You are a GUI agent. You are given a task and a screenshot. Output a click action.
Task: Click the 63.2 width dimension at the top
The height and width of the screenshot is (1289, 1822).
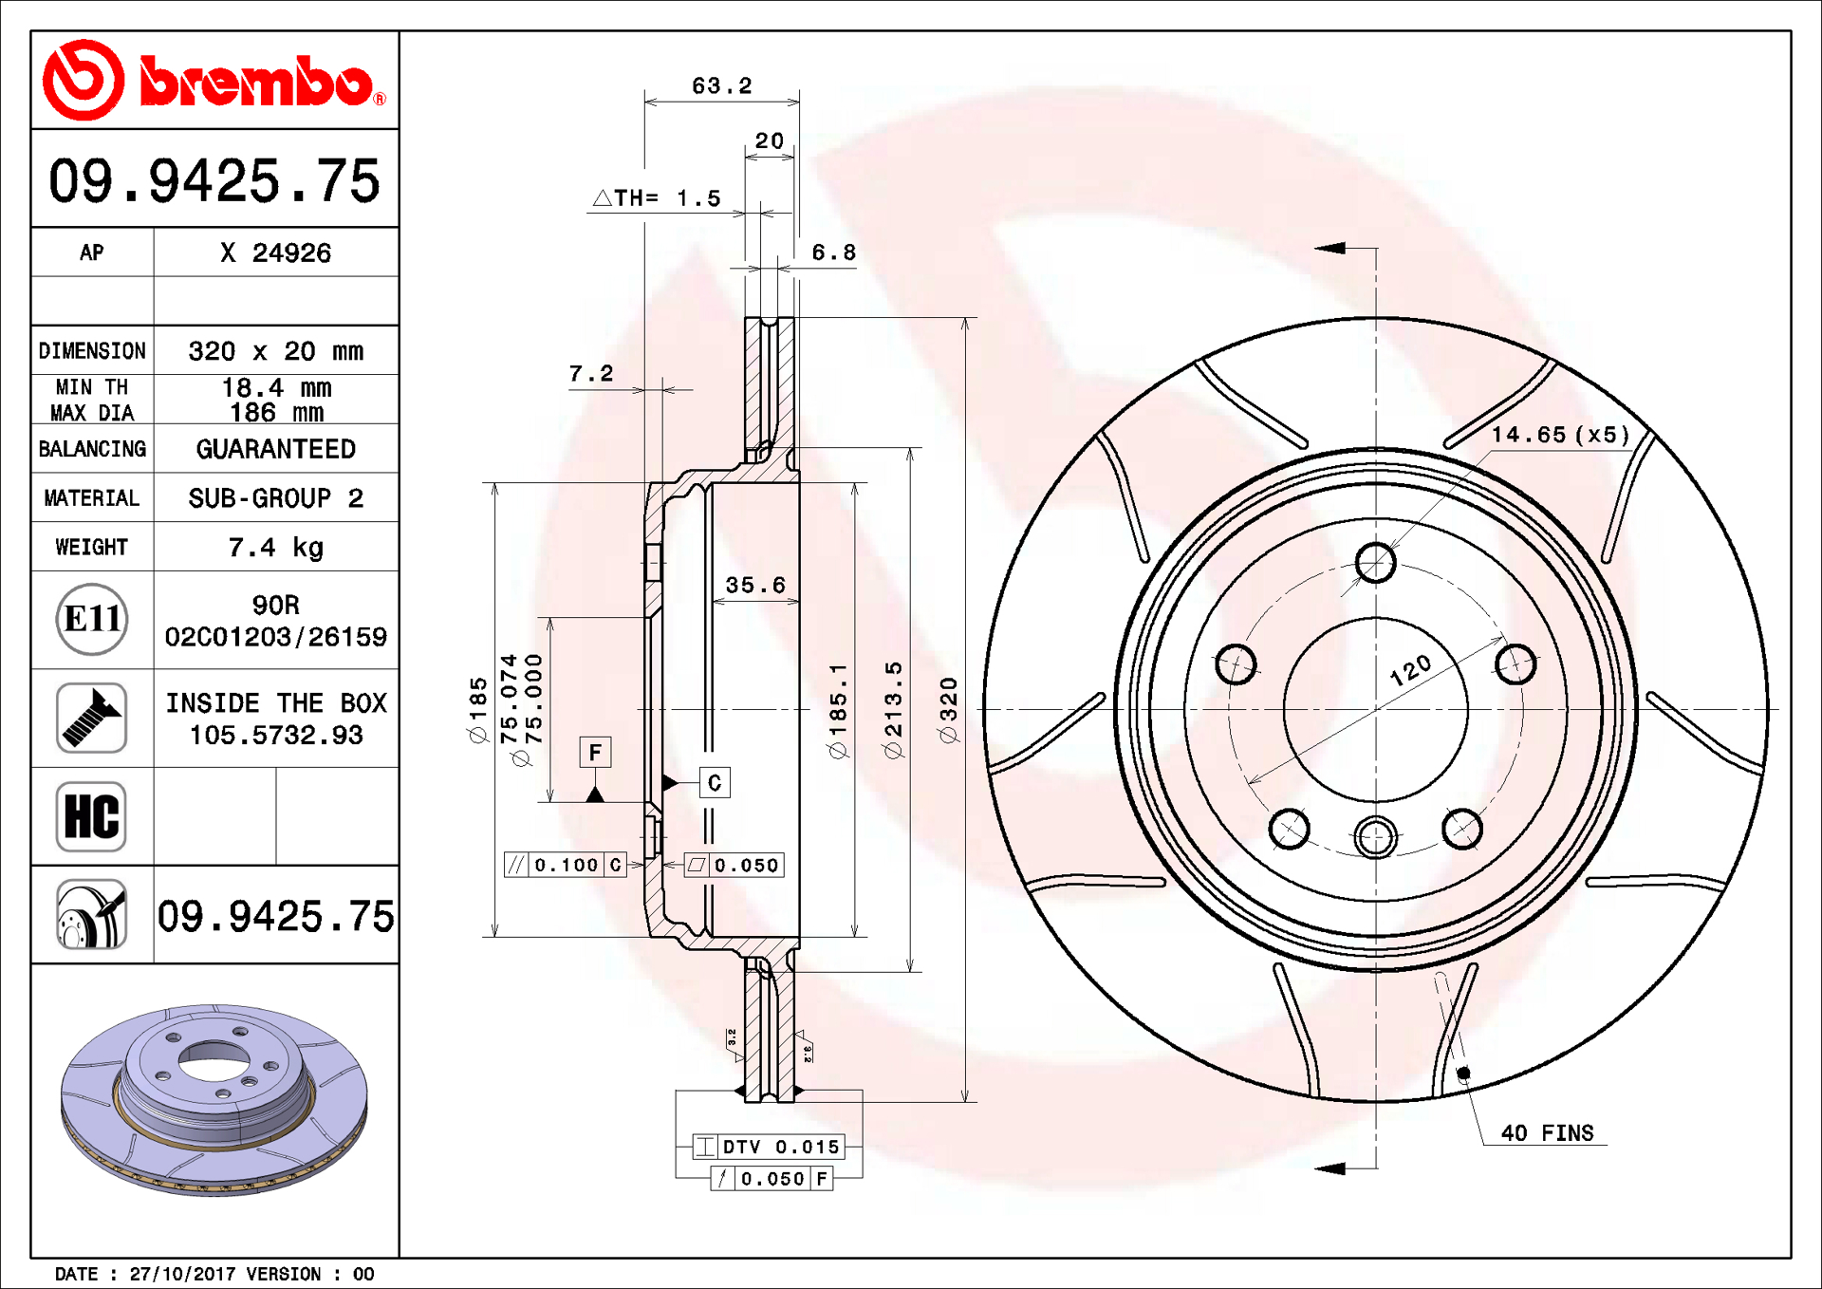pos(721,86)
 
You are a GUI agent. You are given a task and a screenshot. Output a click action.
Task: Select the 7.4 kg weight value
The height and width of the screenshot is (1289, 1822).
pos(275,548)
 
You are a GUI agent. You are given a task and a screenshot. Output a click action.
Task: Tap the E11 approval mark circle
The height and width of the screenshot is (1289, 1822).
pos(91,620)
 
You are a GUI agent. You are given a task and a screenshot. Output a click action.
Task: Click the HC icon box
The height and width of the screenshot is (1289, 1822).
pos(91,816)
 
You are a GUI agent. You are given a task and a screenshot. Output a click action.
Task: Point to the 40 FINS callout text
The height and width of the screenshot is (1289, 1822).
pos(1546,1133)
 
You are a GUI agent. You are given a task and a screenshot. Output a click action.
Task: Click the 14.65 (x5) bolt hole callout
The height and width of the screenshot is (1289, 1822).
pos(1559,435)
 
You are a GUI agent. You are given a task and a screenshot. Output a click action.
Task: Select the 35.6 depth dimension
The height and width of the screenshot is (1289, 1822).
pos(755,586)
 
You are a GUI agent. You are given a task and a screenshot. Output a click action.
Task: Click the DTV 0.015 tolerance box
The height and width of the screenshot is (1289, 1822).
pos(768,1147)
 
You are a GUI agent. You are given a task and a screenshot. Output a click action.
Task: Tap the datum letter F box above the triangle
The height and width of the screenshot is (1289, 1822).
pos(595,753)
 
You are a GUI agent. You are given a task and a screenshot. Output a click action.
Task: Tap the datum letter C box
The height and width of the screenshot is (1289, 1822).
pos(715,783)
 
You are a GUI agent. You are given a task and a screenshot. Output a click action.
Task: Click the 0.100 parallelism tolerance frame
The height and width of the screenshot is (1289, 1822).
pos(566,865)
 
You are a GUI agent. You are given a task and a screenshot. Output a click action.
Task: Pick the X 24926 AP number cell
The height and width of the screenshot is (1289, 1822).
pos(275,252)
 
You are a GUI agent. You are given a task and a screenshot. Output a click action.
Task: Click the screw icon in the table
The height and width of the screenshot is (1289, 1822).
pos(91,719)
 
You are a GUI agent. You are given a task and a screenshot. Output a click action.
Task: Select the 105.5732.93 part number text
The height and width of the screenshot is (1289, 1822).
pos(275,736)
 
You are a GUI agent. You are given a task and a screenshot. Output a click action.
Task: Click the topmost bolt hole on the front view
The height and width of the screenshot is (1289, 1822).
pos(1375,562)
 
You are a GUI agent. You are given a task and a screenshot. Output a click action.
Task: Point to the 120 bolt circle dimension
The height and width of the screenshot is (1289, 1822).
pos(1410,670)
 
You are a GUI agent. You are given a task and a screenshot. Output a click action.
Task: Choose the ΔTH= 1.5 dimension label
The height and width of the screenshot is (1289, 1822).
pos(657,198)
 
